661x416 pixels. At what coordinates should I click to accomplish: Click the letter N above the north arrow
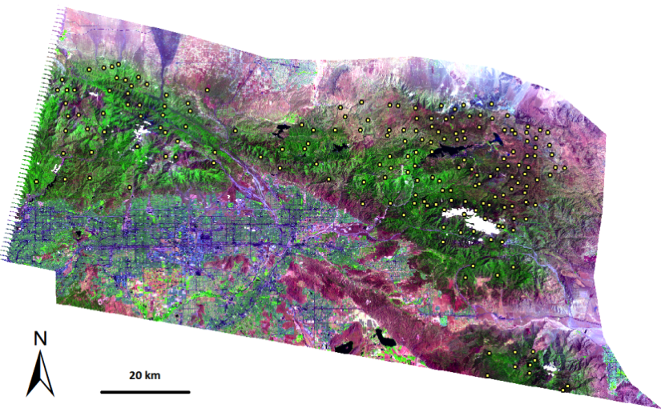(40, 338)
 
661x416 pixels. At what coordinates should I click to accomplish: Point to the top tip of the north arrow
(40, 353)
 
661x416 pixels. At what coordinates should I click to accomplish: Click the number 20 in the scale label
(136, 375)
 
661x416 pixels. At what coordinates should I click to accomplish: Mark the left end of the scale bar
(101, 392)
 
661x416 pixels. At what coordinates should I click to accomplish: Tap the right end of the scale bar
(190, 392)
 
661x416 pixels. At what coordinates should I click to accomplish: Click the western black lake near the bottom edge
(347, 347)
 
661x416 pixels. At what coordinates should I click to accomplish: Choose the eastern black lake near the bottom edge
(385, 340)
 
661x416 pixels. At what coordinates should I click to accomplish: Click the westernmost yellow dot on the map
(36, 182)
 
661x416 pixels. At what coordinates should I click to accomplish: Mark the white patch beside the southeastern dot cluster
(550, 369)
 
